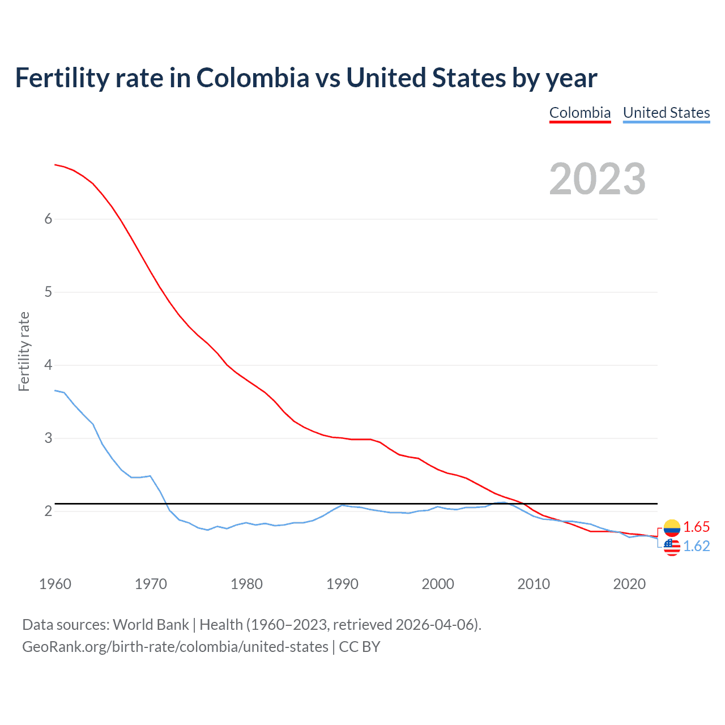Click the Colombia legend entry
(x=580, y=113)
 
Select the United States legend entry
(x=666, y=113)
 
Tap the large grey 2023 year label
(x=598, y=179)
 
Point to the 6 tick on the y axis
(x=48, y=219)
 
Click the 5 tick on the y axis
(x=48, y=292)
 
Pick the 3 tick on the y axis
(x=48, y=438)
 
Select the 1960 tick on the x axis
(x=55, y=584)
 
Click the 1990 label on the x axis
(x=342, y=584)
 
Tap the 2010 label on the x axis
(x=534, y=584)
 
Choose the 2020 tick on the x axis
(x=629, y=584)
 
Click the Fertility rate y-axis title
(x=24, y=351)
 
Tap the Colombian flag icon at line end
(x=672, y=528)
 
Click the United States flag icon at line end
(x=672, y=547)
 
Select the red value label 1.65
(x=696, y=527)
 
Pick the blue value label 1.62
(x=696, y=546)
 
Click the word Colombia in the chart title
(x=253, y=78)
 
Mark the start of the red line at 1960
(x=55, y=165)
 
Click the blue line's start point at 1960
(x=55, y=390)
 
